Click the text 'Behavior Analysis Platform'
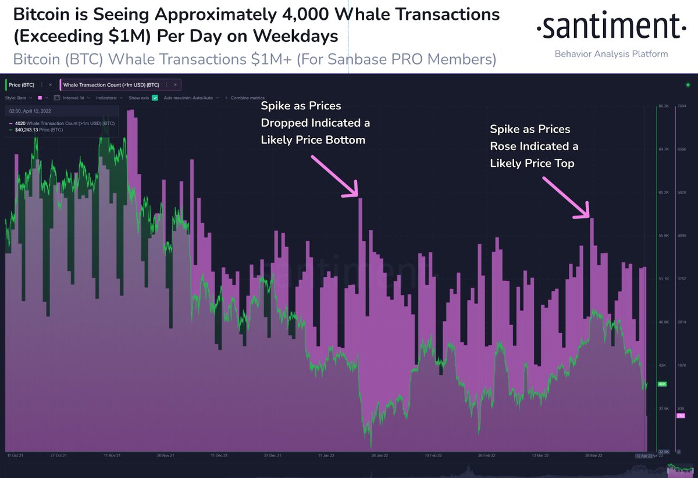point(611,54)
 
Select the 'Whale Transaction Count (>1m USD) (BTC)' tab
point(111,85)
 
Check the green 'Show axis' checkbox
point(155,98)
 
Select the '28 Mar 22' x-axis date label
point(593,455)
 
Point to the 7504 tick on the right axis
point(682,106)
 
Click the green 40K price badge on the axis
point(661,384)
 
